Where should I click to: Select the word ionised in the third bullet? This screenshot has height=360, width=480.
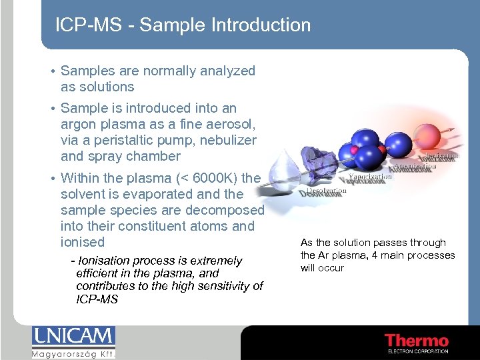click(83, 242)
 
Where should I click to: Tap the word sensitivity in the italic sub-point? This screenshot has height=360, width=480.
click(225, 286)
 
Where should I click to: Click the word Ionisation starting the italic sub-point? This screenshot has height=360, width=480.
click(106, 261)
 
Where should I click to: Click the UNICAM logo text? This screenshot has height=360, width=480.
click(73, 337)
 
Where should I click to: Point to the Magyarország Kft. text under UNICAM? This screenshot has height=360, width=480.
click(73, 353)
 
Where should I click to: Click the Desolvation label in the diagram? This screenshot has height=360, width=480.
click(322, 191)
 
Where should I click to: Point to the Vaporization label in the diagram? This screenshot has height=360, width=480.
click(370, 177)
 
